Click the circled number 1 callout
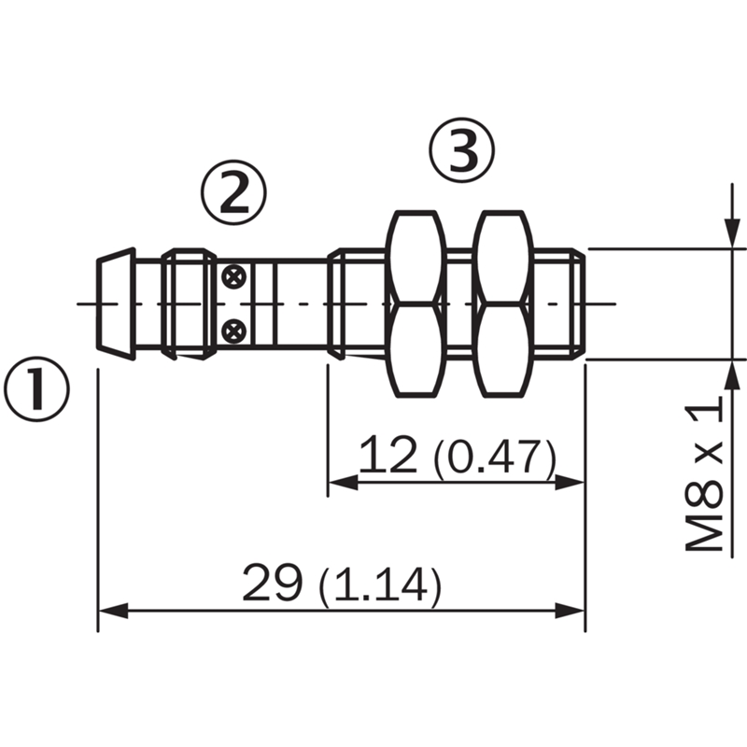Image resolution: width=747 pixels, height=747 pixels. [36, 389]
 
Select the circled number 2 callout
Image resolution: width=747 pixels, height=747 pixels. [233, 192]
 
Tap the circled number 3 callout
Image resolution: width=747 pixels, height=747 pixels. [462, 150]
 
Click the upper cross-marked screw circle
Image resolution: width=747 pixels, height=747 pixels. [234, 276]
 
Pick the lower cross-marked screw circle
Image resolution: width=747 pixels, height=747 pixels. [234, 331]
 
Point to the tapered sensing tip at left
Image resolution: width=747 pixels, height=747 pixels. [116, 303]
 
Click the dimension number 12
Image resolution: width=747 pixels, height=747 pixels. [388, 455]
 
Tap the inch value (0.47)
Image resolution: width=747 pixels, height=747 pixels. [494, 458]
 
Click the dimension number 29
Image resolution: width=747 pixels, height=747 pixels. [273, 582]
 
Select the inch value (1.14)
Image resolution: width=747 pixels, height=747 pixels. [380, 586]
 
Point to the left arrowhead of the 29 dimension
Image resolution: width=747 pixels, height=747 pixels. [113, 611]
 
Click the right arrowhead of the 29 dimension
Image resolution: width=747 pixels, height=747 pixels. [570, 611]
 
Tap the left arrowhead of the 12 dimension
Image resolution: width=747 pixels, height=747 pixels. [343, 483]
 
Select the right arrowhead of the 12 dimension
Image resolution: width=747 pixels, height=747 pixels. [570, 483]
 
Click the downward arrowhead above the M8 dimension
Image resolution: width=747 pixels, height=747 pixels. [731, 233]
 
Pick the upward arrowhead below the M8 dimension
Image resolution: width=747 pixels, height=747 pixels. [731, 375]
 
